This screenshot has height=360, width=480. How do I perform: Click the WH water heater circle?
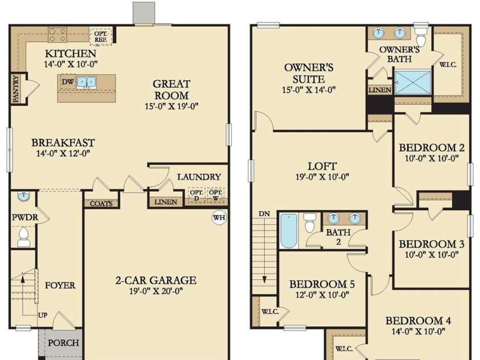[219, 218]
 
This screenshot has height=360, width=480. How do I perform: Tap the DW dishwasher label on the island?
[67, 81]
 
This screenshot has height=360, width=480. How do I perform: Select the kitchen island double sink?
[87, 82]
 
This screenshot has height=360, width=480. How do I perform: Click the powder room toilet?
[23, 237]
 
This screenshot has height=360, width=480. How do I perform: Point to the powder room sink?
[23, 196]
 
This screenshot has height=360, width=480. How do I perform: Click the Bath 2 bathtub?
[289, 231]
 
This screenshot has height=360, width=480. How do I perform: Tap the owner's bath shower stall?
[413, 83]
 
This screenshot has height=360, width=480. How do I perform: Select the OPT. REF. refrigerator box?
[101, 36]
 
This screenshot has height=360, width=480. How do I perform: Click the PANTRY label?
[16, 89]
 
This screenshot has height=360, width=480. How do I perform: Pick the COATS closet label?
[101, 203]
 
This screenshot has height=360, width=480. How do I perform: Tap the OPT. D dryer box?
[196, 195]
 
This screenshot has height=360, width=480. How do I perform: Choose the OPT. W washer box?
[215, 195]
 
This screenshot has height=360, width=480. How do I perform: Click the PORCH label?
[63, 343]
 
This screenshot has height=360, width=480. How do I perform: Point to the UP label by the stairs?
[43, 315]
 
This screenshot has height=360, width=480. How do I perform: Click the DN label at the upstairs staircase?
[264, 214]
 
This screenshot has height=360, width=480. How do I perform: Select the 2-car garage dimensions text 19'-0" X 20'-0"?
[156, 291]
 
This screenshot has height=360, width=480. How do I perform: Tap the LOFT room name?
[322, 166]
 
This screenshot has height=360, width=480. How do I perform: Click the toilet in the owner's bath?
[421, 35]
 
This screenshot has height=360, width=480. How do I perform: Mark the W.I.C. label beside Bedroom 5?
[270, 312]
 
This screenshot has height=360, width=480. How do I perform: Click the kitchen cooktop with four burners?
[58, 35]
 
